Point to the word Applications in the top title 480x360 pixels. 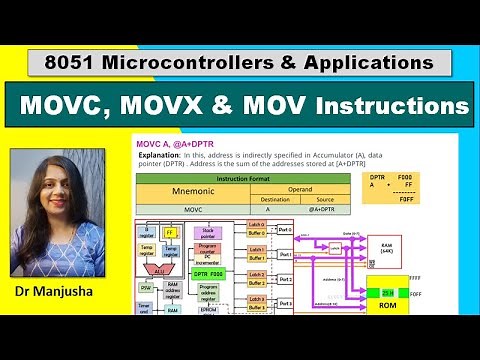(368, 62)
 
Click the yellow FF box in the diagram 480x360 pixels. (171, 233)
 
